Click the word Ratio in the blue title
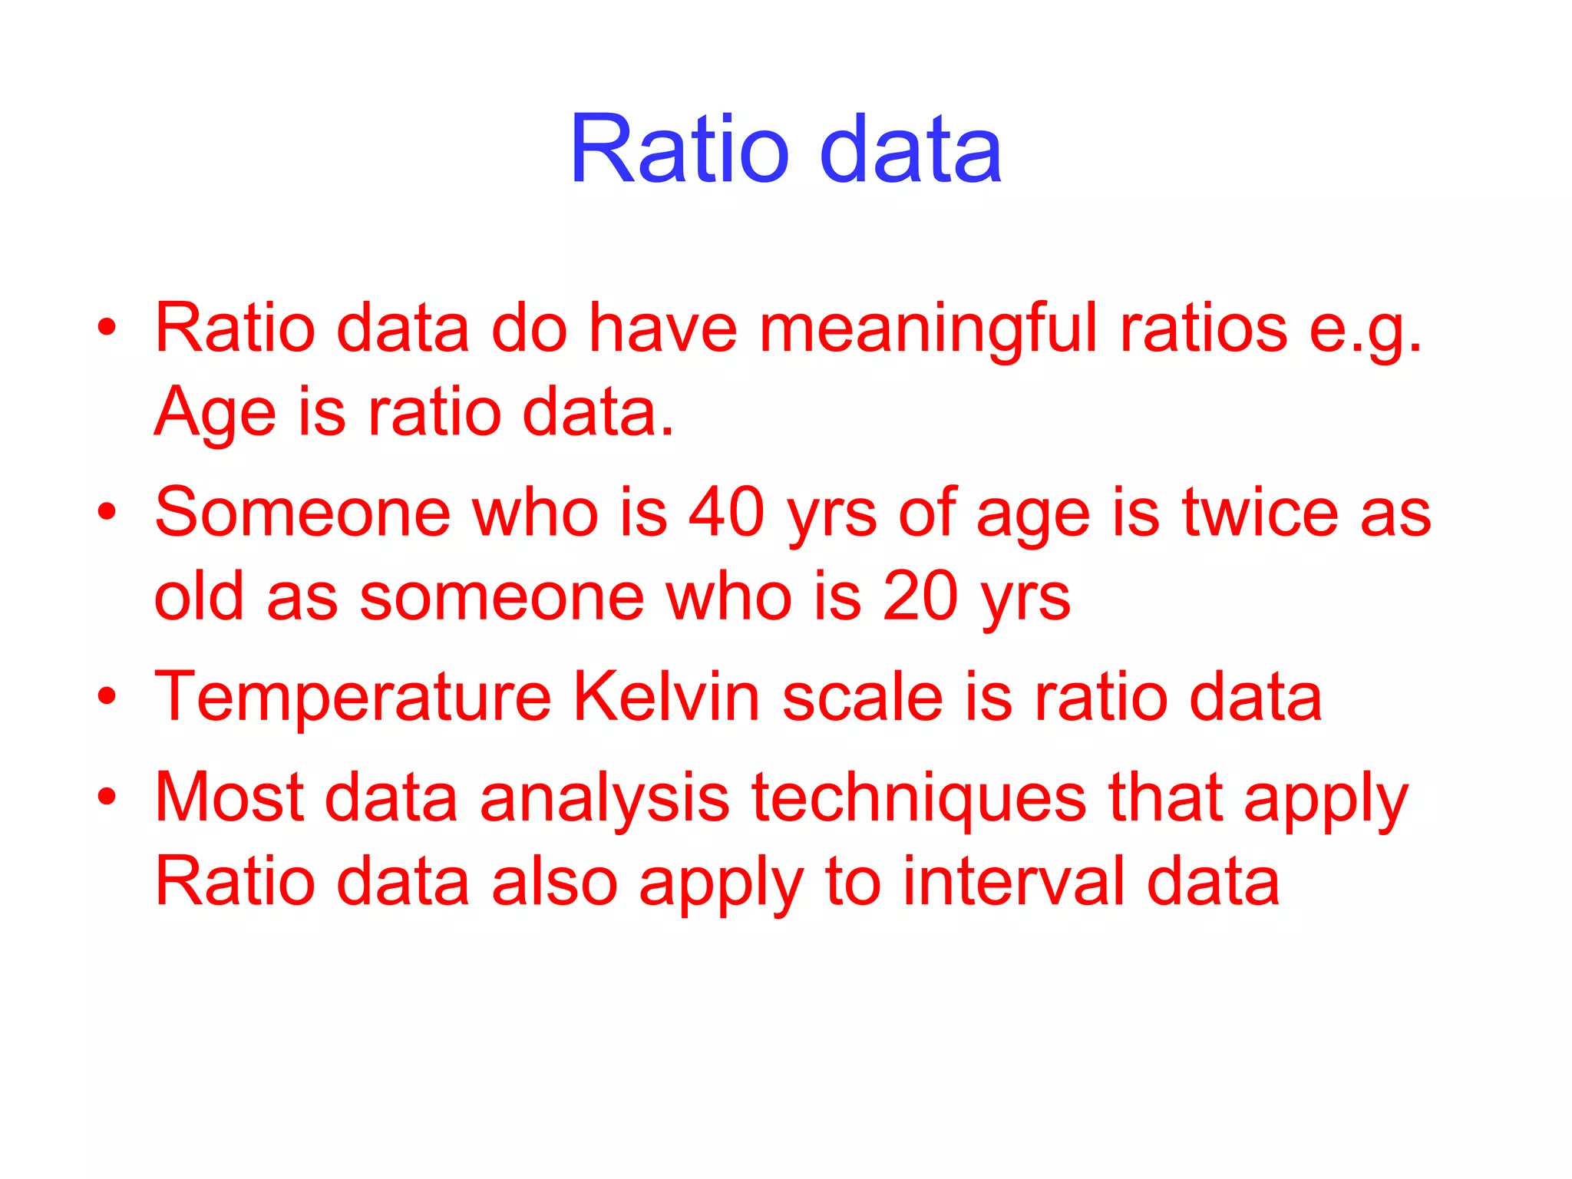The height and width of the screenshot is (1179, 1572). (x=679, y=149)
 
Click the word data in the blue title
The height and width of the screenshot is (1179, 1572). (x=910, y=149)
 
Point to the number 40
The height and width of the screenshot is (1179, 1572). (x=726, y=513)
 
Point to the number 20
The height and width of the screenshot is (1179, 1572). (x=920, y=597)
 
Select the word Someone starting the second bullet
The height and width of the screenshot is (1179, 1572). (x=302, y=513)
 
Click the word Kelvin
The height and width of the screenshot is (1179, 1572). (x=666, y=697)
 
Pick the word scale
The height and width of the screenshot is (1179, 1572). (x=863, y=697)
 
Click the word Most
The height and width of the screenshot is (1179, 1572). (x=230, y=798)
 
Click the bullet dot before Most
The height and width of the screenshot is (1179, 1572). (x=107, y=797)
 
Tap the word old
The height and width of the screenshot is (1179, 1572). (x=199, y=597)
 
